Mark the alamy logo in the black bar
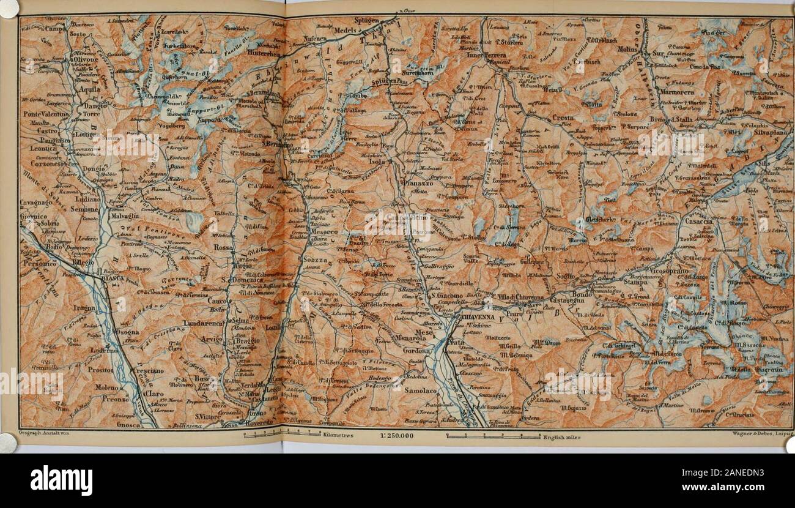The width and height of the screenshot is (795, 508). pyautogui.click(x=61, y=480)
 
